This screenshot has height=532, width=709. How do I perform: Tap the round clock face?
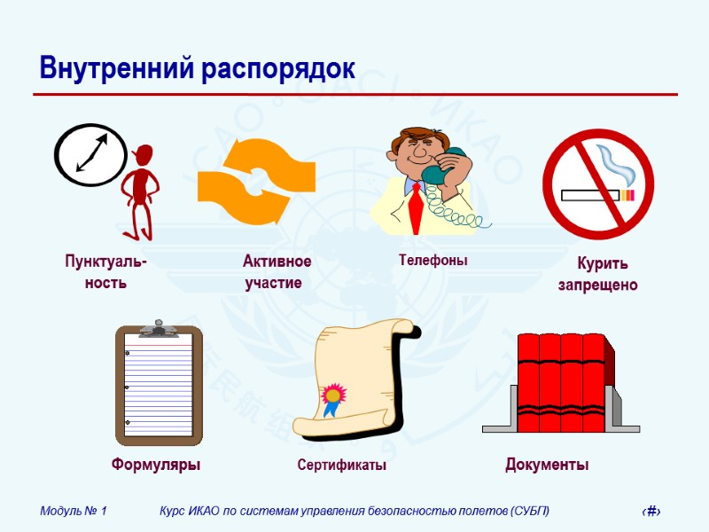(91, 153)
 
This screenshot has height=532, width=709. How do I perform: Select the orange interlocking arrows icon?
(254, 182)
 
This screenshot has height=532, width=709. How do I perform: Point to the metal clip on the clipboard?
(159, 328)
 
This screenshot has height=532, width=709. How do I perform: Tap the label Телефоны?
(432, 261)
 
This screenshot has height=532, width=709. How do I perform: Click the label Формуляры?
(156, 465)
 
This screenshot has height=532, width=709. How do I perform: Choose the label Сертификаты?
(341, 465)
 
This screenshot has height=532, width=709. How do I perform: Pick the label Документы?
(547, 465)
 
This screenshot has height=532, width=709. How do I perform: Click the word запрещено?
(597, 286)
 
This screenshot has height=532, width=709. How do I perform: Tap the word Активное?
(277, 262)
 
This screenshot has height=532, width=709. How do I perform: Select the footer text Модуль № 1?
(74, 511)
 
